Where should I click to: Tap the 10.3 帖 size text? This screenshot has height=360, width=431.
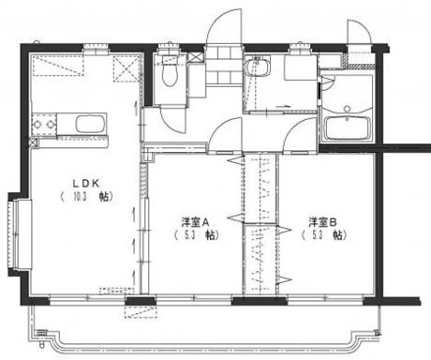tap(83, 198)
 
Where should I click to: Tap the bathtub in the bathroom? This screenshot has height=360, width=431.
tap(347, 127)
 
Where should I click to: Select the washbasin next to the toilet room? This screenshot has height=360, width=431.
tap(259, 67)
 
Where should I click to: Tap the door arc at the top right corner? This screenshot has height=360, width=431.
tap(361, 31)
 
